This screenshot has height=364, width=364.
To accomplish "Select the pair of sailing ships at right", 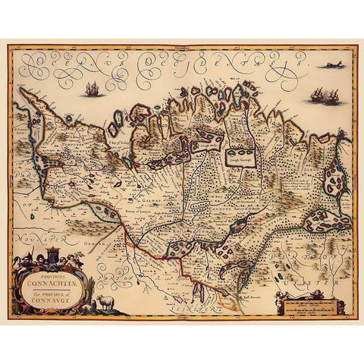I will (x=322, y=96).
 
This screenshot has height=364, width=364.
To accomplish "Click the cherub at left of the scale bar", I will (x=278, y=298).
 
